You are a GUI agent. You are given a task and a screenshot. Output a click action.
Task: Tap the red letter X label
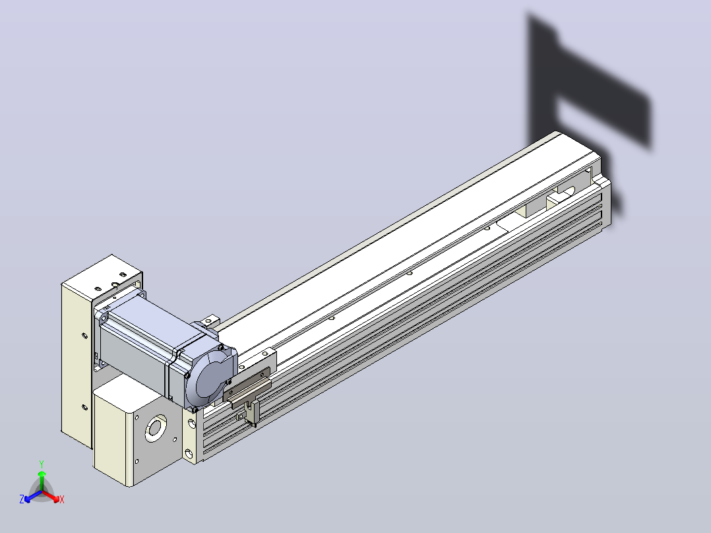[62, 499]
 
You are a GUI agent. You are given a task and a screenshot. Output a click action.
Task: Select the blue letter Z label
[22, 499]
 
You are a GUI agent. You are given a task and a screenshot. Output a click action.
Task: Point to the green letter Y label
[42, 464]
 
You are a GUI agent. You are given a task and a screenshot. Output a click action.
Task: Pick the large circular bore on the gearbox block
[155, 427]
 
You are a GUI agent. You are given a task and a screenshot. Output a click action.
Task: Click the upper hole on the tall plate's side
[84, 336]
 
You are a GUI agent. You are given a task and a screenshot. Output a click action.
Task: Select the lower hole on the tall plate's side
[84, 408]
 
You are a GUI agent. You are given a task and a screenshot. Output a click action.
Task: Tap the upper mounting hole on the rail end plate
[191, 425]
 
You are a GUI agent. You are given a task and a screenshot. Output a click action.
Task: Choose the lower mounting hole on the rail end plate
[189, 454]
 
